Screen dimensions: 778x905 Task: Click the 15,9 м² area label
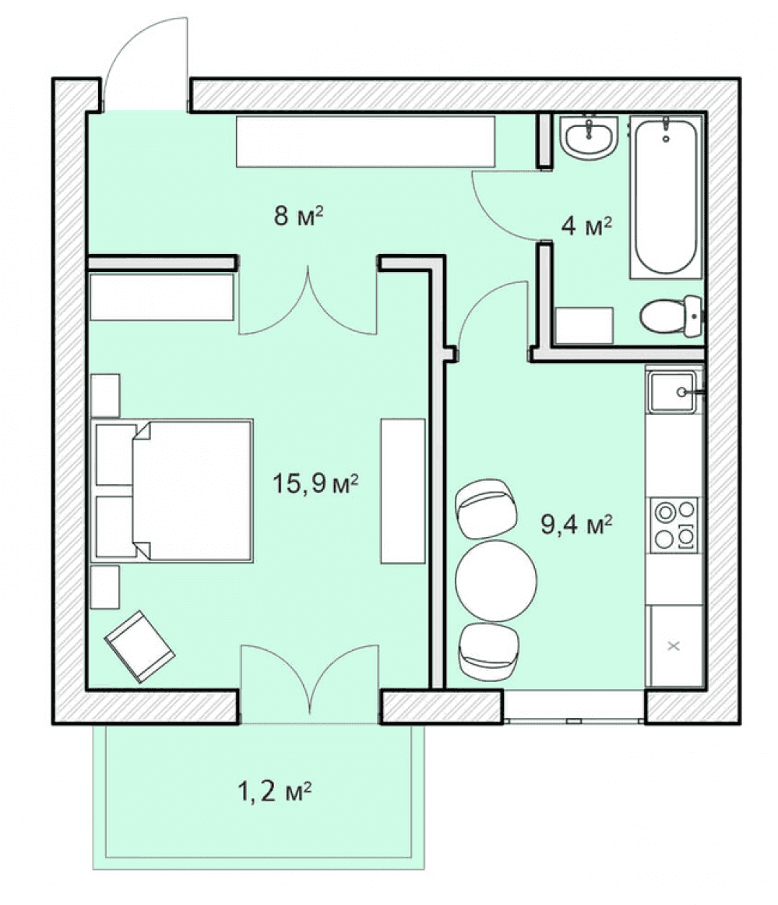(315, 483)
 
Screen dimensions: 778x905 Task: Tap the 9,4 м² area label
(576, 524)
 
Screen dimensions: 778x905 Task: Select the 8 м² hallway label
(298, 216)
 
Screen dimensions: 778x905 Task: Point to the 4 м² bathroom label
(586, 225)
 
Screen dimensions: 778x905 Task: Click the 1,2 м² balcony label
(275, 790)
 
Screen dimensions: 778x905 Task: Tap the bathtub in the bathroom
(666, 196)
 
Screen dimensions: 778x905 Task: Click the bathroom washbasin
(589, 136)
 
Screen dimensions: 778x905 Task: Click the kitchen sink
(673, 392)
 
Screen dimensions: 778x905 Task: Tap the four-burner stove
(674, 525)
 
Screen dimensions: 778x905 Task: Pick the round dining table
(496, 581)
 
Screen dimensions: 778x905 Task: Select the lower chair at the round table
(488, 652)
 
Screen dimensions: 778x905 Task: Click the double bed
(172, 490)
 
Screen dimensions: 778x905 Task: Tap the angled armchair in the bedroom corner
(139, 646)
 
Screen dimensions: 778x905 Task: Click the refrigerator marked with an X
(674, 646)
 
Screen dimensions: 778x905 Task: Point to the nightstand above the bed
(105, 395)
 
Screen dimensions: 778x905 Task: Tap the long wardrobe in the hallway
(366, 141)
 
